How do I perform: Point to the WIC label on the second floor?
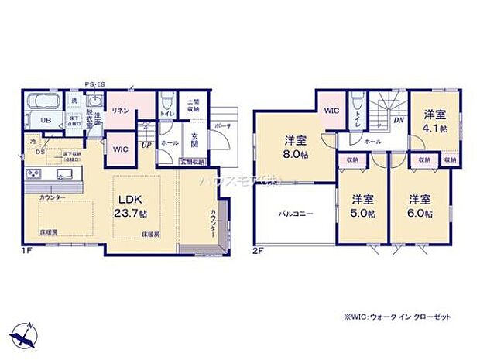(331, 111)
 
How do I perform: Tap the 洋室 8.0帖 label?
(293, 146)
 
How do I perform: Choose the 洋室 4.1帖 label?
(435, 122)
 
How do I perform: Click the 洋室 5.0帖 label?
(361, 205)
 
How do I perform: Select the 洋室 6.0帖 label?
(419, 205)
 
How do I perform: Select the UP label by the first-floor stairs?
(146, 144)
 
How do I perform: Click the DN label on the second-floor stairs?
(398, 121)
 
